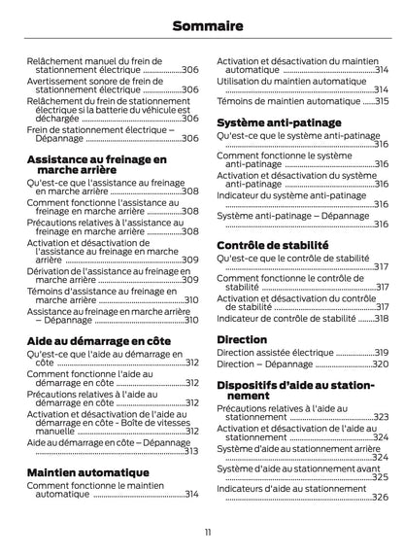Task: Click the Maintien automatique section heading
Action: pyautogui.click(x=87, y=473)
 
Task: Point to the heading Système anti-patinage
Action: pyautogui.click(x=279, y=123)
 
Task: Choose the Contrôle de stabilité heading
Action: pyautogui.click(x=273, y=246)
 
